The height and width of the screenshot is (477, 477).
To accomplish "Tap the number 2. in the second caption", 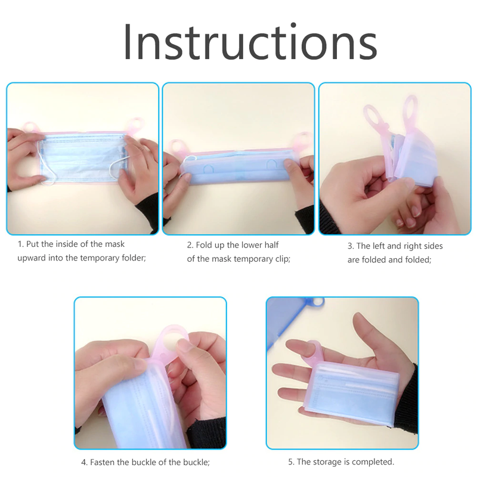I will pyautogui.click(x=190, y=245).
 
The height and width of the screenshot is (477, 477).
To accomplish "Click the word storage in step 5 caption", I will pyautogui.click(x=327, y=461).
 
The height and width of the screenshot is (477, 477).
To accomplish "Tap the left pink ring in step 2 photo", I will pyautogui.click(x=177, y=147).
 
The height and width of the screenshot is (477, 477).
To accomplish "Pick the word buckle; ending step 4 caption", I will pyautogui.click(x=195, y=462).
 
